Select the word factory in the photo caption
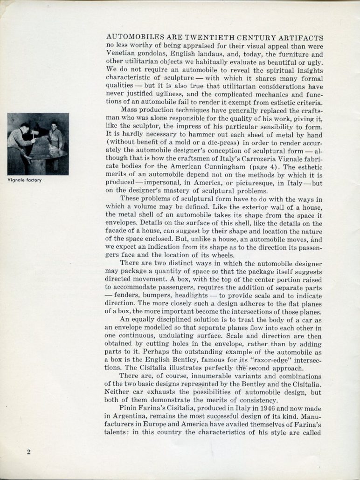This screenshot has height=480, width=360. click(x=32, y=180)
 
